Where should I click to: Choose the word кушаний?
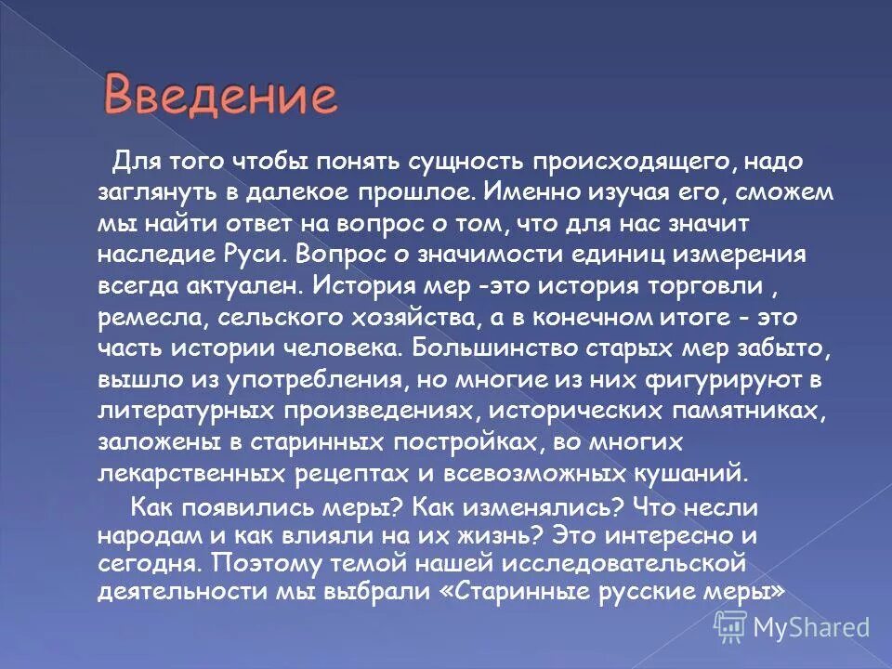[689, 473]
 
